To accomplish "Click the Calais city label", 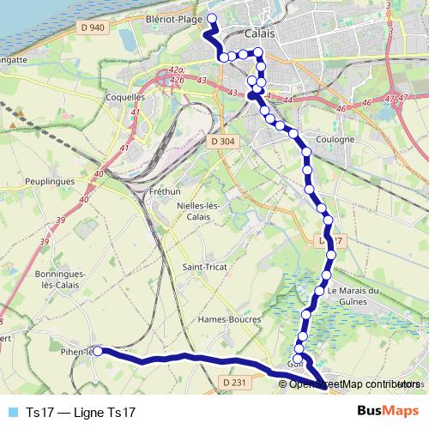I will pos(258,34).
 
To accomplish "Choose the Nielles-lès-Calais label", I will pos(199,211).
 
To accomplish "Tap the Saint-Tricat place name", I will pos(205,268).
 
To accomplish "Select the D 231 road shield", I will pos(233,382).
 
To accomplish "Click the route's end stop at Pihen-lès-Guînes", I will pos(98,351).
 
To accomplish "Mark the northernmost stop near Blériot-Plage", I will pos(212,17).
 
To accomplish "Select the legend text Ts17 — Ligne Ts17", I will pos(81,412).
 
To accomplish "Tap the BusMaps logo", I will pos(389,412).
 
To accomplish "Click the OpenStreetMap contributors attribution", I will pos(352,384).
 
